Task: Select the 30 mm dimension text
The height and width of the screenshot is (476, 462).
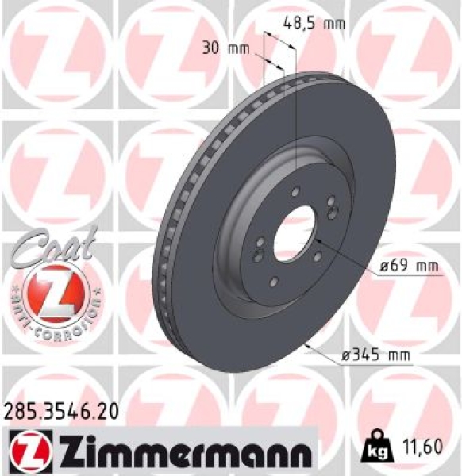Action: point(227,48)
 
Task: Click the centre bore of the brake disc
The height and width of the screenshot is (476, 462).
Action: point(293,233)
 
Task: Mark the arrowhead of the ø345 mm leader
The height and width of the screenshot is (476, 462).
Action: point(307,346)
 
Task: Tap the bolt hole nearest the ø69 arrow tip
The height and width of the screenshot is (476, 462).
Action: point(317,255)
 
